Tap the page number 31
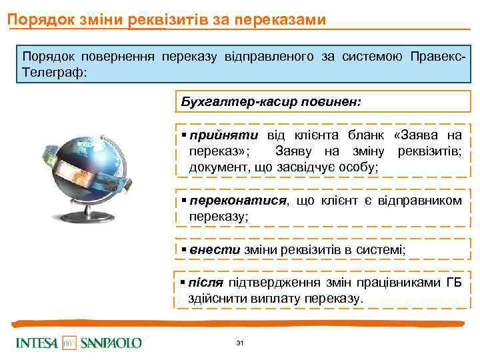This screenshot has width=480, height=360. point(240,343)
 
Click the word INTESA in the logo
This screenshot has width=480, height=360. point(37,343)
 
